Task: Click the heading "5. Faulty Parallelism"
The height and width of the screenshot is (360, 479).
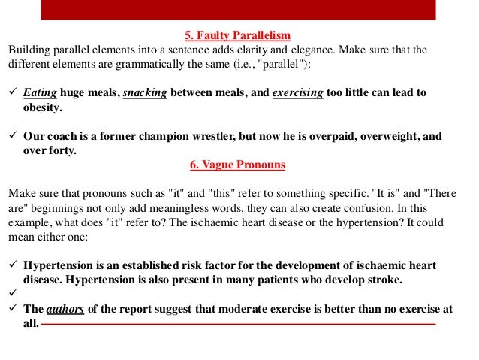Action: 237,35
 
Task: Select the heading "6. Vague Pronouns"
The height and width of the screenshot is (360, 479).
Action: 238,164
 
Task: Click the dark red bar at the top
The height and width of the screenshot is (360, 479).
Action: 239,9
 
